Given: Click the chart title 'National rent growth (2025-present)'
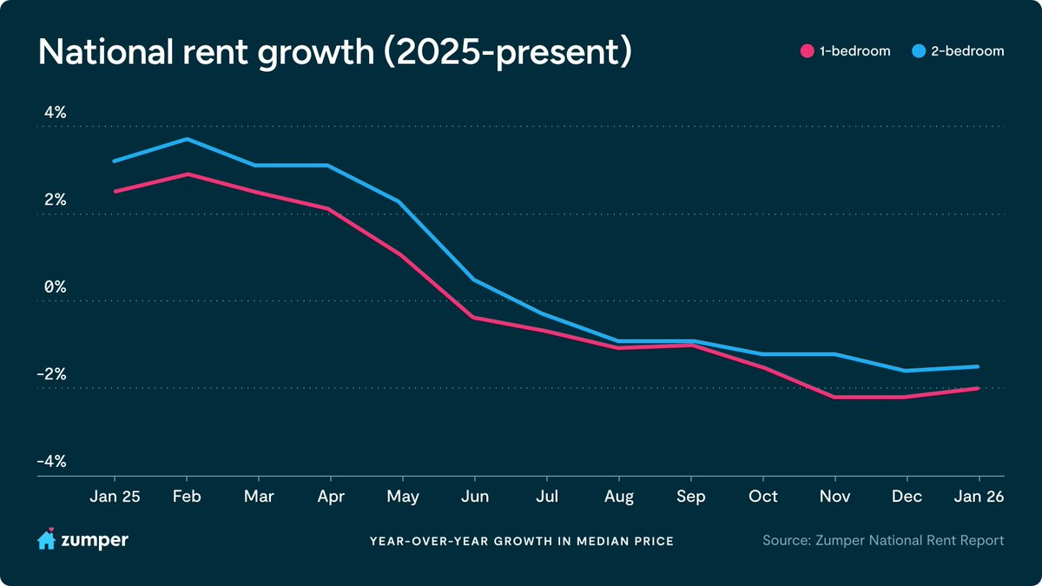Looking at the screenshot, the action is [x=335, y=52].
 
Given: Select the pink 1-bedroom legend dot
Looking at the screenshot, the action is [x=807, y=51].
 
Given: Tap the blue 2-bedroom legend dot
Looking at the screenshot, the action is [x=919, y=51].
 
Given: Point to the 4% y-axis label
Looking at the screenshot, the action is [x=56, y=113].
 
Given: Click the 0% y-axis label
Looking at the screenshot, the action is [x=56, y=287].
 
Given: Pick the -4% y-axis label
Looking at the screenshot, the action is [x=51, y=461].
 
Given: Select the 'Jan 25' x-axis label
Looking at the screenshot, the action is [x=115, y=497].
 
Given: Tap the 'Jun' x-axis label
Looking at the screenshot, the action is [x=475, y=497].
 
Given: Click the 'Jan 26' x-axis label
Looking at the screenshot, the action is [x=979, y=497].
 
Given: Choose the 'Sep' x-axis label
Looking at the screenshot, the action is [x=691, y=497].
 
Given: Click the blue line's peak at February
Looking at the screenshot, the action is [x=187, y=139].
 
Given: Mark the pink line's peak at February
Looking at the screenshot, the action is [x=187, y=174].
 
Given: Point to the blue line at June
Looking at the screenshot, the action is [x=474, y=280].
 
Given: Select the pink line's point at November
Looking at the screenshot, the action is [x=835, y=398].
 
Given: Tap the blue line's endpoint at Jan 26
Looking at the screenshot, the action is [x=978, y=366].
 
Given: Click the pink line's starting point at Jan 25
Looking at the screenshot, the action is [x=115, y=191].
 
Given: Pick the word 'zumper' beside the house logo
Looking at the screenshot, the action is [x=95, y=541].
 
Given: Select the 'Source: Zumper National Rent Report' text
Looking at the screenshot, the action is [x=883, y=540].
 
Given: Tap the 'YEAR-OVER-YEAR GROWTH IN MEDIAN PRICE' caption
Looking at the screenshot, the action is [x=522, y=542].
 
